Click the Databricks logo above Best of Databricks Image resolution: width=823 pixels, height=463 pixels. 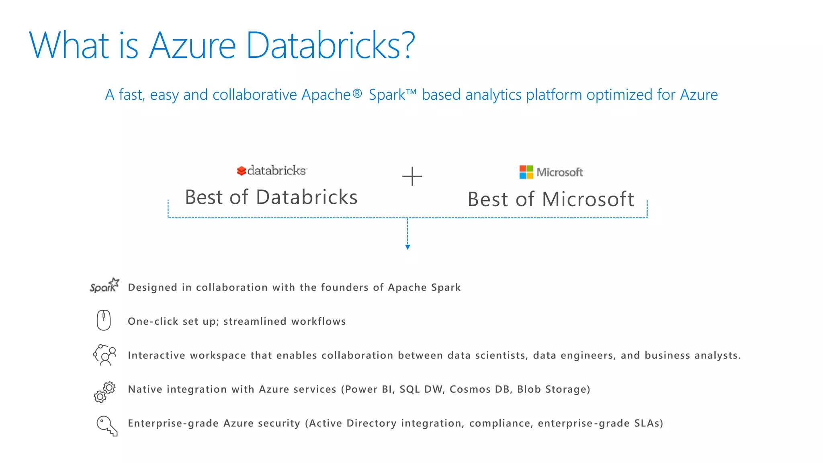pos(272,170)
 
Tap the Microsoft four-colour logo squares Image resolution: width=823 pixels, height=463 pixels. pos(526,172)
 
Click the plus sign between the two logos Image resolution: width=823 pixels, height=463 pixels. pos(412,176)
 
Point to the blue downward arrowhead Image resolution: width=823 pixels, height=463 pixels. pos(407,247)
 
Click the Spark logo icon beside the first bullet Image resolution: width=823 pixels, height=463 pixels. pos(104,285)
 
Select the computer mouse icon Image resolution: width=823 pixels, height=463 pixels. pos(104,320)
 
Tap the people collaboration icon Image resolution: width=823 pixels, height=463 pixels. pos(105,355)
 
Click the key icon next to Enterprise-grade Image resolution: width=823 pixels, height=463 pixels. pos(107,426)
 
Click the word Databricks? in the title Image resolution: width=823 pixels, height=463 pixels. pos(330,45)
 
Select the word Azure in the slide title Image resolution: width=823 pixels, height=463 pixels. pos(192,45)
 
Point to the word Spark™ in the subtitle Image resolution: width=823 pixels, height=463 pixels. pos(392,95)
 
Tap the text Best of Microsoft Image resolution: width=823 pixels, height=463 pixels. pos(551,199)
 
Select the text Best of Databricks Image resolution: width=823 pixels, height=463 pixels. pos(271,197)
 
